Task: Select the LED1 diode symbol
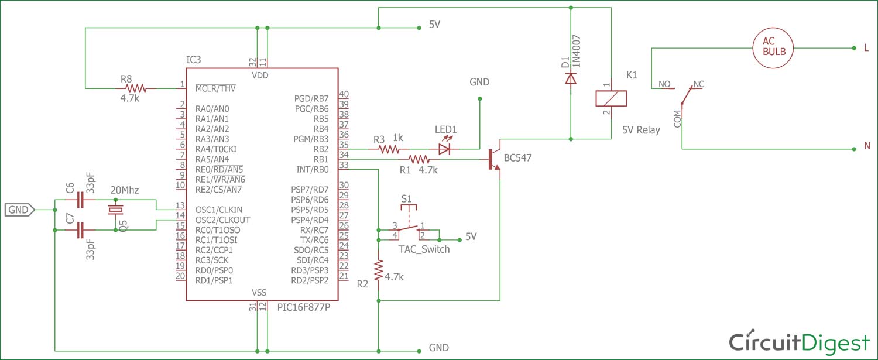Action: click(x=445, y=149)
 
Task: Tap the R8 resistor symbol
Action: click(x=135, y=88)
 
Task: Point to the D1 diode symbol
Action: click(x=571, y=78)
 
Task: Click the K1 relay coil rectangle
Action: click(x=611, y=98)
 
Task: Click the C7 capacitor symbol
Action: click(x=81, y=231)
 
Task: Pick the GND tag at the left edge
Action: click(x=19, y=209)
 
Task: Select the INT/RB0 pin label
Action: click(x=312, y=169)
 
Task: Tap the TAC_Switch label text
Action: click(x=424, y=249)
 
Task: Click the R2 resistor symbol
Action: click(x=379, y=270)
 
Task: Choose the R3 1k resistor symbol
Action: click(x=389, y=149)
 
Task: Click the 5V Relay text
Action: click(x=640, y=130)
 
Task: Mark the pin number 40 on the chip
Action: click(x=344, y=94)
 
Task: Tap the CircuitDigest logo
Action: click(x=798, y=342)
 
